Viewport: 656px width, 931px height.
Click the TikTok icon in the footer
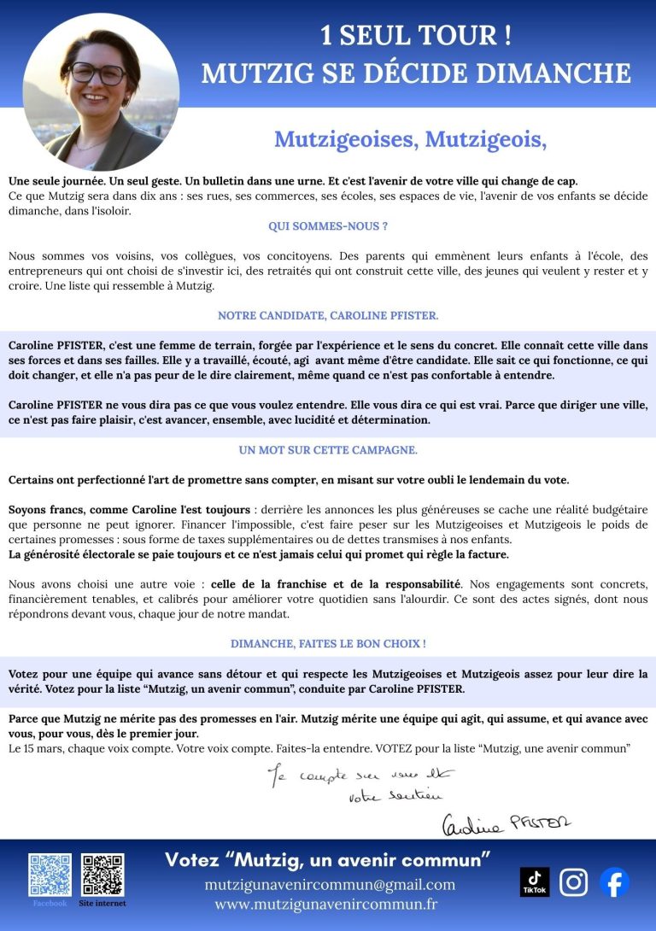pos(535,881)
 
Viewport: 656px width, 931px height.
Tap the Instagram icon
pos(573,881)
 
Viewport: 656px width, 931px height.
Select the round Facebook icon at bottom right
pos(613,881)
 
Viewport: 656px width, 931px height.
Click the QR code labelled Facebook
pos(50,874)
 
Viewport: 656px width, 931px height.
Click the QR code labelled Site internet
pos(102,874)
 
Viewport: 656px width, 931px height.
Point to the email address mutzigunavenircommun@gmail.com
pos(330,884)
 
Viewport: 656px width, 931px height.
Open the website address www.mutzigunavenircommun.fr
pos(325,904)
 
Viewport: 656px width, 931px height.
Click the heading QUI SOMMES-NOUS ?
pos(328,226)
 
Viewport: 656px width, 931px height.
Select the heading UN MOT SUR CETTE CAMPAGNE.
pos(328,449)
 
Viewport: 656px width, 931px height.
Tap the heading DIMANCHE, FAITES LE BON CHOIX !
pos(328,643)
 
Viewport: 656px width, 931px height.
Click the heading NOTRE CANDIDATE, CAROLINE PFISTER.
pos(328,315)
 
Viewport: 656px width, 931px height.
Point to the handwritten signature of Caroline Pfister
pos(506,823)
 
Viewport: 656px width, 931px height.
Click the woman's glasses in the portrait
pos(97,73)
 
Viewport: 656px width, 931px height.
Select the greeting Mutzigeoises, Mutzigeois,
pos(410,138)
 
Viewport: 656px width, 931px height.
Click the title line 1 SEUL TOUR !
pos(416,36)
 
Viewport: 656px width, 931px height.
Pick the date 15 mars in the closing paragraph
pos(40,748)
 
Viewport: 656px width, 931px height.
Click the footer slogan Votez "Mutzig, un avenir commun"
pos(328,858)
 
